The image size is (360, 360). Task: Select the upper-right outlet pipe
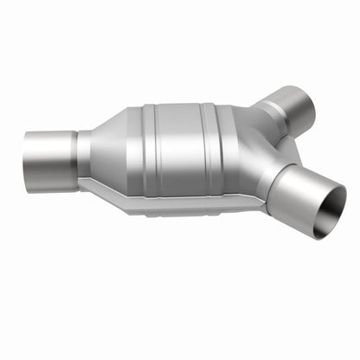click(291, 107)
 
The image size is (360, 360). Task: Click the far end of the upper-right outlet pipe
click(305, 103)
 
